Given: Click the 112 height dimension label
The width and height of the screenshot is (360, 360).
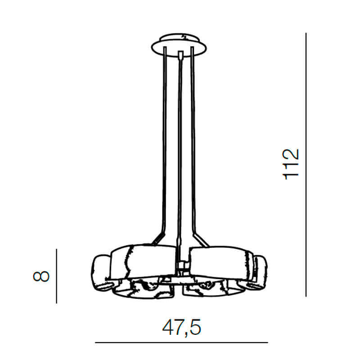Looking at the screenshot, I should tap(291, 164).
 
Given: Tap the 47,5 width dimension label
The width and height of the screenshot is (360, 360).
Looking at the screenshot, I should tap(181, 328).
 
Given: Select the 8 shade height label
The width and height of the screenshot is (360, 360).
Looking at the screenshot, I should tap(41, 275).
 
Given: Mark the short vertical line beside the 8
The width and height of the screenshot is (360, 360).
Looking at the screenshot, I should tap(57, 275).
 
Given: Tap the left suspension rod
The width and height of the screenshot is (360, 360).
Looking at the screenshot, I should tap(165, 135).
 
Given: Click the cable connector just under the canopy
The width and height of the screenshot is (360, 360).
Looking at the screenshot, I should tap(180, 56).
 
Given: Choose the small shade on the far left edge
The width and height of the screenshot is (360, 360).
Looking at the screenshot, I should tap(101, 272).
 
